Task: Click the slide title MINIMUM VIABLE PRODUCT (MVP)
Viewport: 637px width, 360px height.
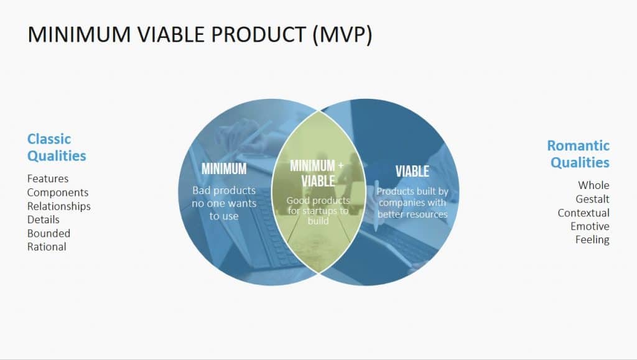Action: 200,35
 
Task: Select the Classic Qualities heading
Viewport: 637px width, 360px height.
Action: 57,147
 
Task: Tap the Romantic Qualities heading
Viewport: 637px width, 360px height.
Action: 578,154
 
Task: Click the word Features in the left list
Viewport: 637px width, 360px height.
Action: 48,179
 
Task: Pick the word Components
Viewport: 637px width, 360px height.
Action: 58,193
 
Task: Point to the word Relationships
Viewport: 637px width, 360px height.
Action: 59,206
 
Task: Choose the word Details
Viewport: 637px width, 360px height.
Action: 44,219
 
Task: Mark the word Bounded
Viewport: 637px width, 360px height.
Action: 49,233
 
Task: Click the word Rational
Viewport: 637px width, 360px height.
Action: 47,247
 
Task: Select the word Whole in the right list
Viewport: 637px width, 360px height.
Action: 593,185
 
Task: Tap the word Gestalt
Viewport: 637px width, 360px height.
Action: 592,199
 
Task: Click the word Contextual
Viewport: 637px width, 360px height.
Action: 584,213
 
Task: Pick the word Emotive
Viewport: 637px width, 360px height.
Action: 590,226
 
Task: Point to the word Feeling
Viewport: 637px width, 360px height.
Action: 592,240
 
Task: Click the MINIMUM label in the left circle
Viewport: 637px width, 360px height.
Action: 224,168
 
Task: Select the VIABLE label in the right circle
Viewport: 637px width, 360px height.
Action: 412,171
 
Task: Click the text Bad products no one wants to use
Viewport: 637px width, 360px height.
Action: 224,203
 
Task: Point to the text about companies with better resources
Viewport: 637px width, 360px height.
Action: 412,203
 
